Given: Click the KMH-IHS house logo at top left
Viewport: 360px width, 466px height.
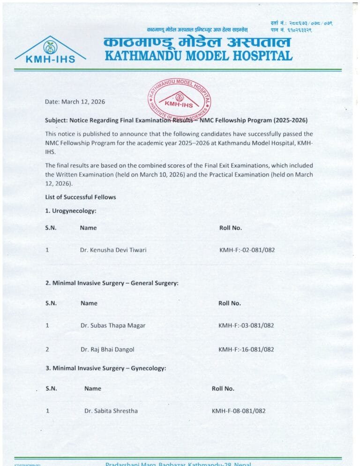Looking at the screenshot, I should pos(50,50).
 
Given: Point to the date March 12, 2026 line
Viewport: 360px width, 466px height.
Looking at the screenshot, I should pos(75,102).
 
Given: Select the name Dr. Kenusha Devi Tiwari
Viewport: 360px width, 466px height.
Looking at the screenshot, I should pos(113,250).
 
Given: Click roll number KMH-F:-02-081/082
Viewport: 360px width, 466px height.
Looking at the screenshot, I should pos(247,250).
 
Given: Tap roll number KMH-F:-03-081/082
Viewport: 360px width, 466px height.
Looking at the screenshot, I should pos(246,325).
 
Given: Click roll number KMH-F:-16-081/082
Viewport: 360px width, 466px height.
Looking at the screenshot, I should pos(246,349).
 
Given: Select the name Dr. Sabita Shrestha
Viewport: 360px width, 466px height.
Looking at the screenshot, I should pos(111,411).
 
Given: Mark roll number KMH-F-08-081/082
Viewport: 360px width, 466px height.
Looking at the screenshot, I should pos(239,411).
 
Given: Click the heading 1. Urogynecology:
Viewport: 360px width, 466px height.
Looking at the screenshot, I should pos(71,211).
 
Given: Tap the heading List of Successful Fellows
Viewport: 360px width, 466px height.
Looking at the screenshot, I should pos(80,197).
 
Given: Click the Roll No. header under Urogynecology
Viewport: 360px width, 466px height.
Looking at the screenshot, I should pos(231,228).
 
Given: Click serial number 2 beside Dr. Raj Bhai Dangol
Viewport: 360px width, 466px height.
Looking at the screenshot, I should pos(47,349).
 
